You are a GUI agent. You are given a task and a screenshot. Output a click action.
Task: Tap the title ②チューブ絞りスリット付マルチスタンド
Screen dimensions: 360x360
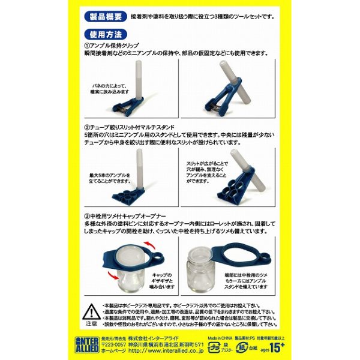[138, 127]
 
